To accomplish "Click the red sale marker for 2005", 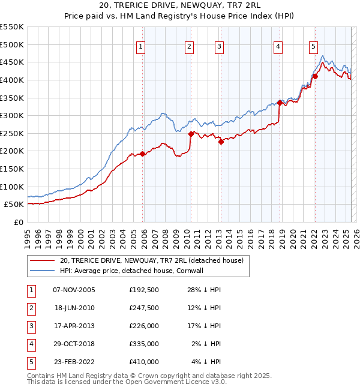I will pos(143,154).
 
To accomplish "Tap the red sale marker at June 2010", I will pos(191,134).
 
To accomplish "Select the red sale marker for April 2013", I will pos(221,142).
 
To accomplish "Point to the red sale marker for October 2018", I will pos(280,103).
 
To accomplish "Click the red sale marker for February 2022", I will pos(315,76).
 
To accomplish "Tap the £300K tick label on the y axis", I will pos(12,115).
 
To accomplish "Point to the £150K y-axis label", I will pos(12,169).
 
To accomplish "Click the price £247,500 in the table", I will pos(143,308).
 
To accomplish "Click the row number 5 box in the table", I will pos(30,362).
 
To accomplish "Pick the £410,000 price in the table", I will pos(143,362).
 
